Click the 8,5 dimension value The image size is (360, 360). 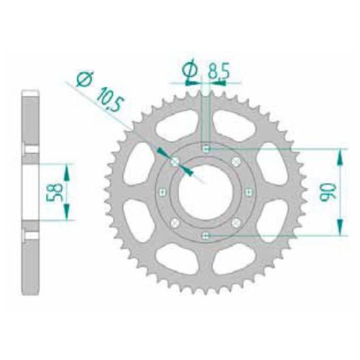218,71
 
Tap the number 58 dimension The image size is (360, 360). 54,192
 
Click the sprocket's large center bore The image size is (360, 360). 205,193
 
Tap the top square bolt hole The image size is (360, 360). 206,149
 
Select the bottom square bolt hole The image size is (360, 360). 205,236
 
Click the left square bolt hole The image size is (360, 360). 162,193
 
